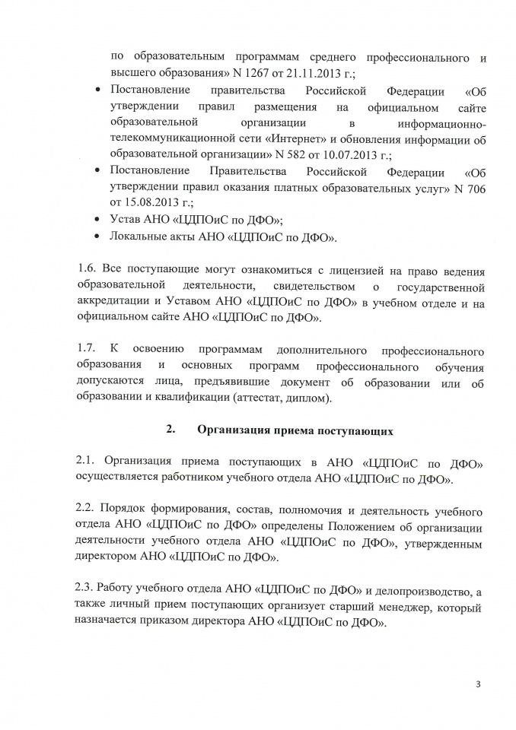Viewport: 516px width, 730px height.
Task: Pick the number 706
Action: [473, 186]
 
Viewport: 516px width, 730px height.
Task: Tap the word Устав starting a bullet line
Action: [126, 220]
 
